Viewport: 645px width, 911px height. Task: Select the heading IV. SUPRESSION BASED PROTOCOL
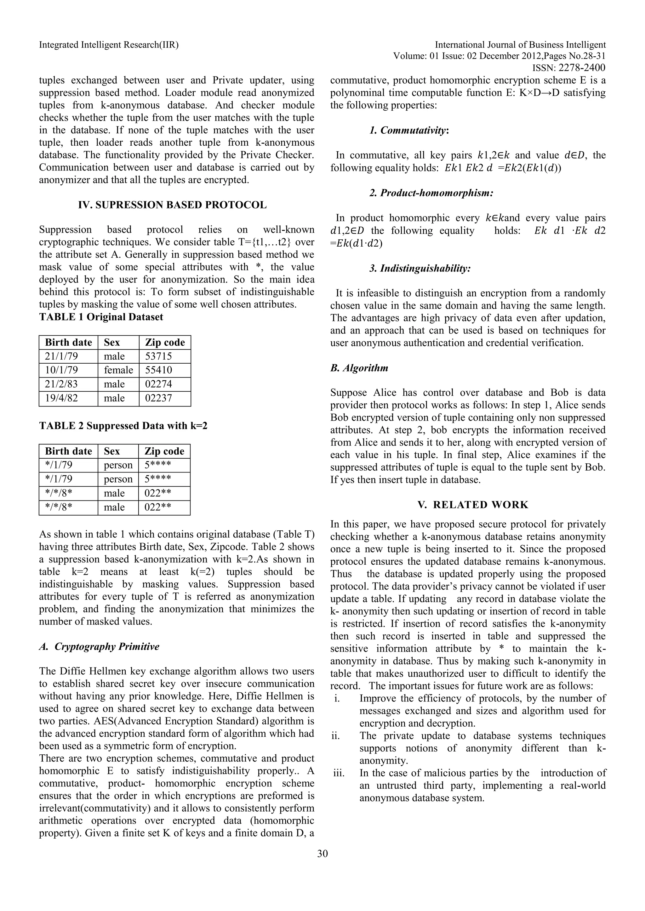coord(172,205)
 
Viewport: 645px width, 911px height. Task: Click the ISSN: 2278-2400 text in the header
coord(568,68)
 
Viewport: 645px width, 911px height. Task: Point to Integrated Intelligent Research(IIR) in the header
coord(109,45)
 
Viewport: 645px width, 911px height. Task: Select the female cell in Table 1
coord(118,370)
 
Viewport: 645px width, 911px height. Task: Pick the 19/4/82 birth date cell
coord(61,398)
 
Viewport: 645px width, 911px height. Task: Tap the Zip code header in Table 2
coord(164,451)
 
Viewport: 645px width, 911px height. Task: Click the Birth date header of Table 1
coord(68,343)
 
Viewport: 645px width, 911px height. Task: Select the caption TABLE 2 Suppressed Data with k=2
coord(123,426)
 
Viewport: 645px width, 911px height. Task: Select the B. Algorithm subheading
coord(359,368)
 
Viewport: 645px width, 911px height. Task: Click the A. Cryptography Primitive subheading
coord(99,646)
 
